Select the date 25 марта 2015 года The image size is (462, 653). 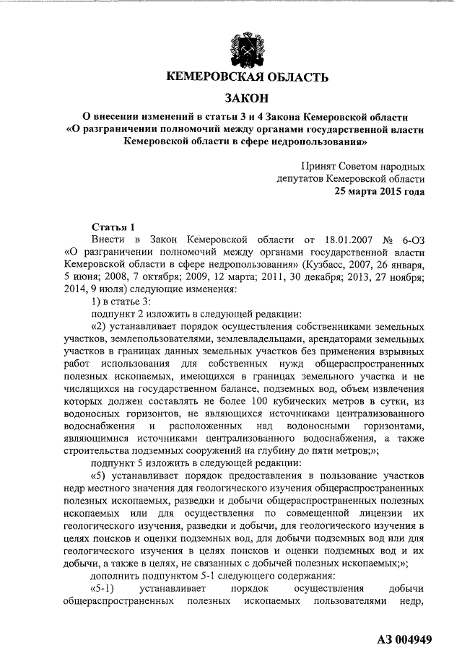point(379,192)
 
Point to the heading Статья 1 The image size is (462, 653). point(113,227)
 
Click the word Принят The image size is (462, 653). point(321,166)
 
